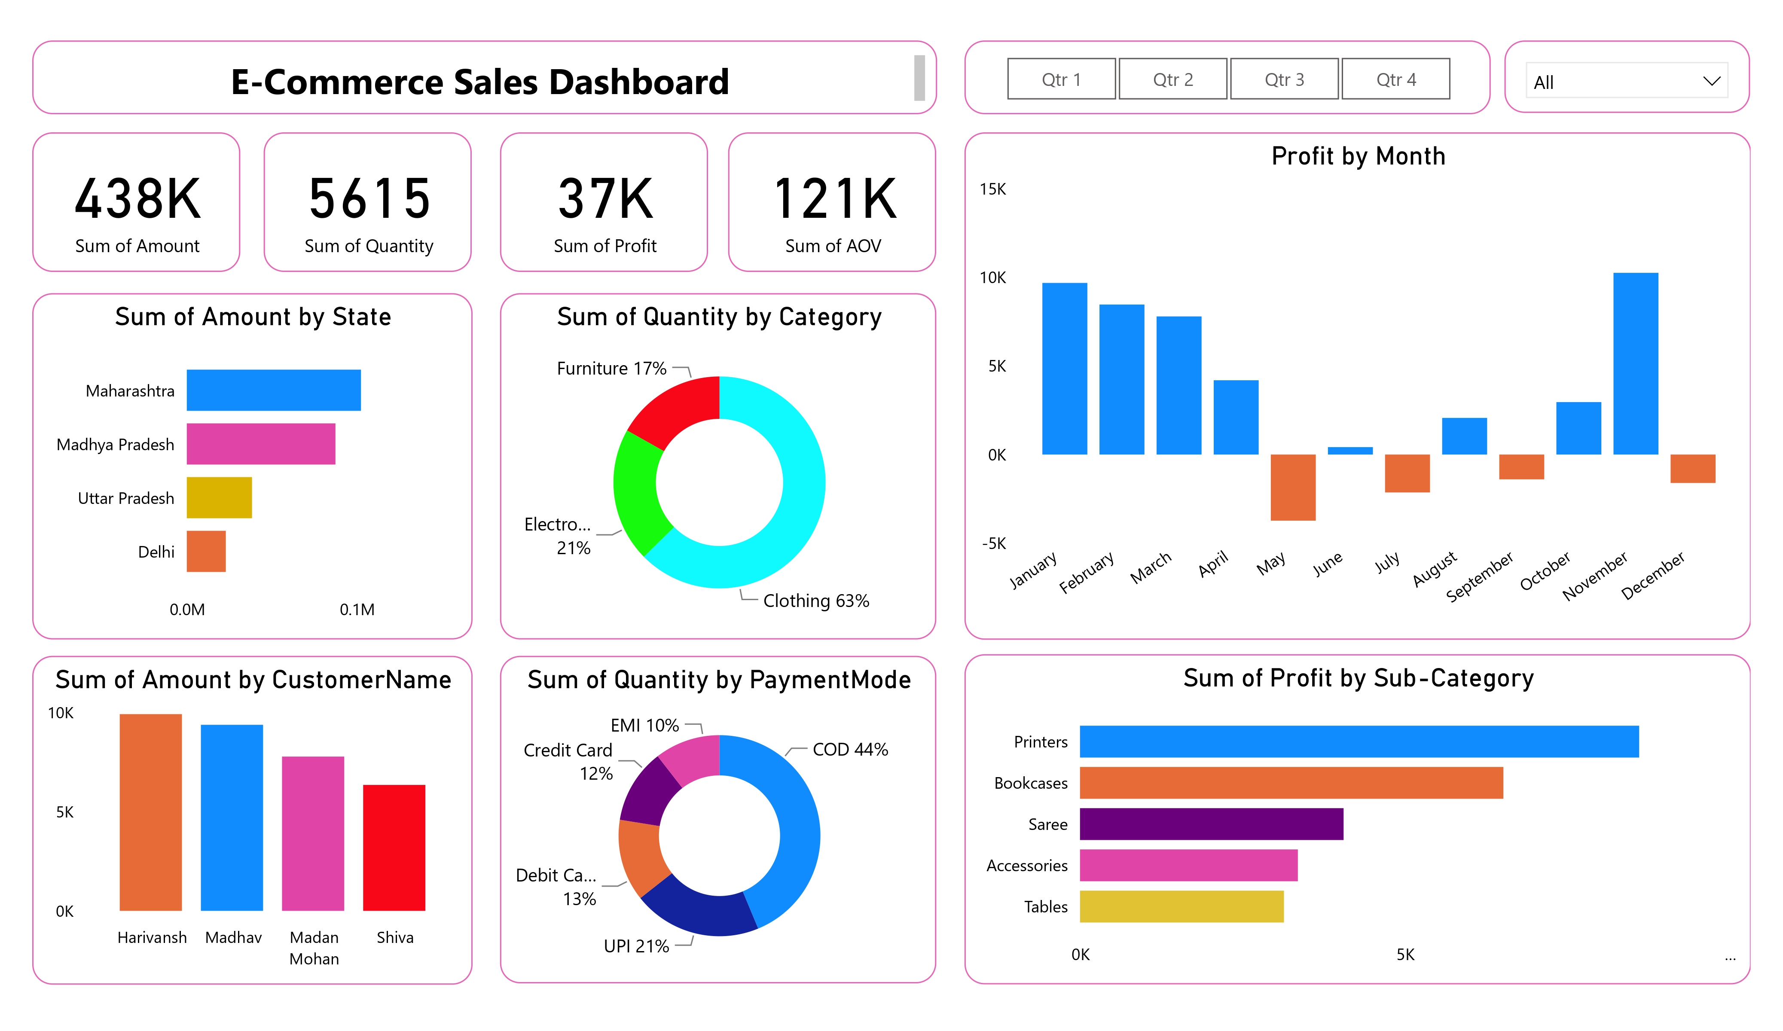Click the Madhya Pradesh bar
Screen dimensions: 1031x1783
260,444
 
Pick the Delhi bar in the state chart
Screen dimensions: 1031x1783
206,551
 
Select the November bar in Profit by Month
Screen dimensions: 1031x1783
1635,364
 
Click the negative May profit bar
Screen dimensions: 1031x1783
1293,488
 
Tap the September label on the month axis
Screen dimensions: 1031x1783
1480,577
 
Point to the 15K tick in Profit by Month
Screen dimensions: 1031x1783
992,189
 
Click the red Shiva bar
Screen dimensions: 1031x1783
394,847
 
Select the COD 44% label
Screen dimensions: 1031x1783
850,749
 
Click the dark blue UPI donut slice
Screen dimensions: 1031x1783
697,909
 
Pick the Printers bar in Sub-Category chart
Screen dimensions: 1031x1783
1359,741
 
